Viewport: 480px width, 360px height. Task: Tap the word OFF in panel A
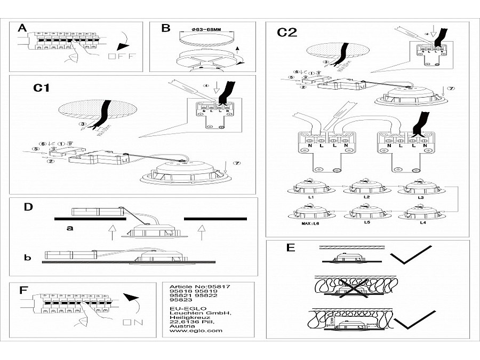[x=122, y=56]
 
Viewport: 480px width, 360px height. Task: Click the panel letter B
[x=165, y=29]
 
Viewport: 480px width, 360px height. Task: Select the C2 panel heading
[x=286, y=32]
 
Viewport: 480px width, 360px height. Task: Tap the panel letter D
[x=28, y=206]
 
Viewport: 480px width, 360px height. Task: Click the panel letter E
[x=290, y=248]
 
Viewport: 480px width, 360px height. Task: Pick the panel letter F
[x=23, y=290]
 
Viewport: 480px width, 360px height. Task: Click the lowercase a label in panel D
[x=69, y=227]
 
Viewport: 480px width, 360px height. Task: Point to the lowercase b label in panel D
[x=27, y=258]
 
